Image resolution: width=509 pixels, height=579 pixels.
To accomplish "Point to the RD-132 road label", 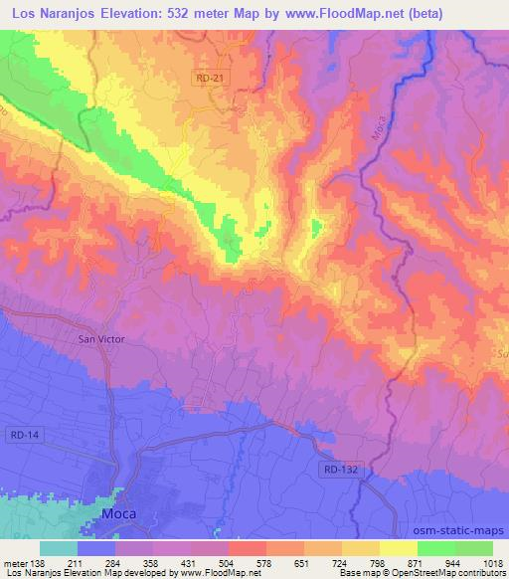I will click(x=341, y=467).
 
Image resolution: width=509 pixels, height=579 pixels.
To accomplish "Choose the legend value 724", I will click(x=342, y=563).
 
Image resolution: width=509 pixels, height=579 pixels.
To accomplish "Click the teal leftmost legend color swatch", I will click(x=59, y=548).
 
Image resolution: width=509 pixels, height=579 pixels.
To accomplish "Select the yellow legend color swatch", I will click(x=398, y=548).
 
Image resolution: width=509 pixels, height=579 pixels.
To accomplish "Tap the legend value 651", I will click(x=304, y=563).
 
